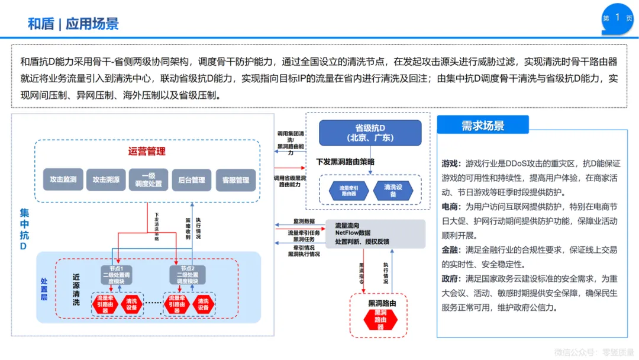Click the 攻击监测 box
pyautogui.click(x=63, y=179)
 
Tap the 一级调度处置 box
pyautogui.click(x=148, y=179)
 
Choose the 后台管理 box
pyautogui.click(x=191, y=179)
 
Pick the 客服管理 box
pyautogui.click(x=235, y=179)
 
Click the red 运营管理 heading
pyautogui.click(x=147, y=151)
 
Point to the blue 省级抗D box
pyautogui.click(x=370, y=133)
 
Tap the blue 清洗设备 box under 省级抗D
pyautogui.click(x=390, y=190)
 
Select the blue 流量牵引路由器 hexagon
pyautogui.click(x=348, y=190)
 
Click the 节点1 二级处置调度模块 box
pyautogui.click(x=120, y=275)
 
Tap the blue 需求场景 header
pyautogui.click(x=482, y=126)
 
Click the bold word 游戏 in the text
pyautogui.click(x=450, y=163)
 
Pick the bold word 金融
pyautogui.click(x=450, y=250)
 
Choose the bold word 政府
pyautogui.click(x=450, y=279)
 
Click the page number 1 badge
pyautogui.click(x=617, y=17)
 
